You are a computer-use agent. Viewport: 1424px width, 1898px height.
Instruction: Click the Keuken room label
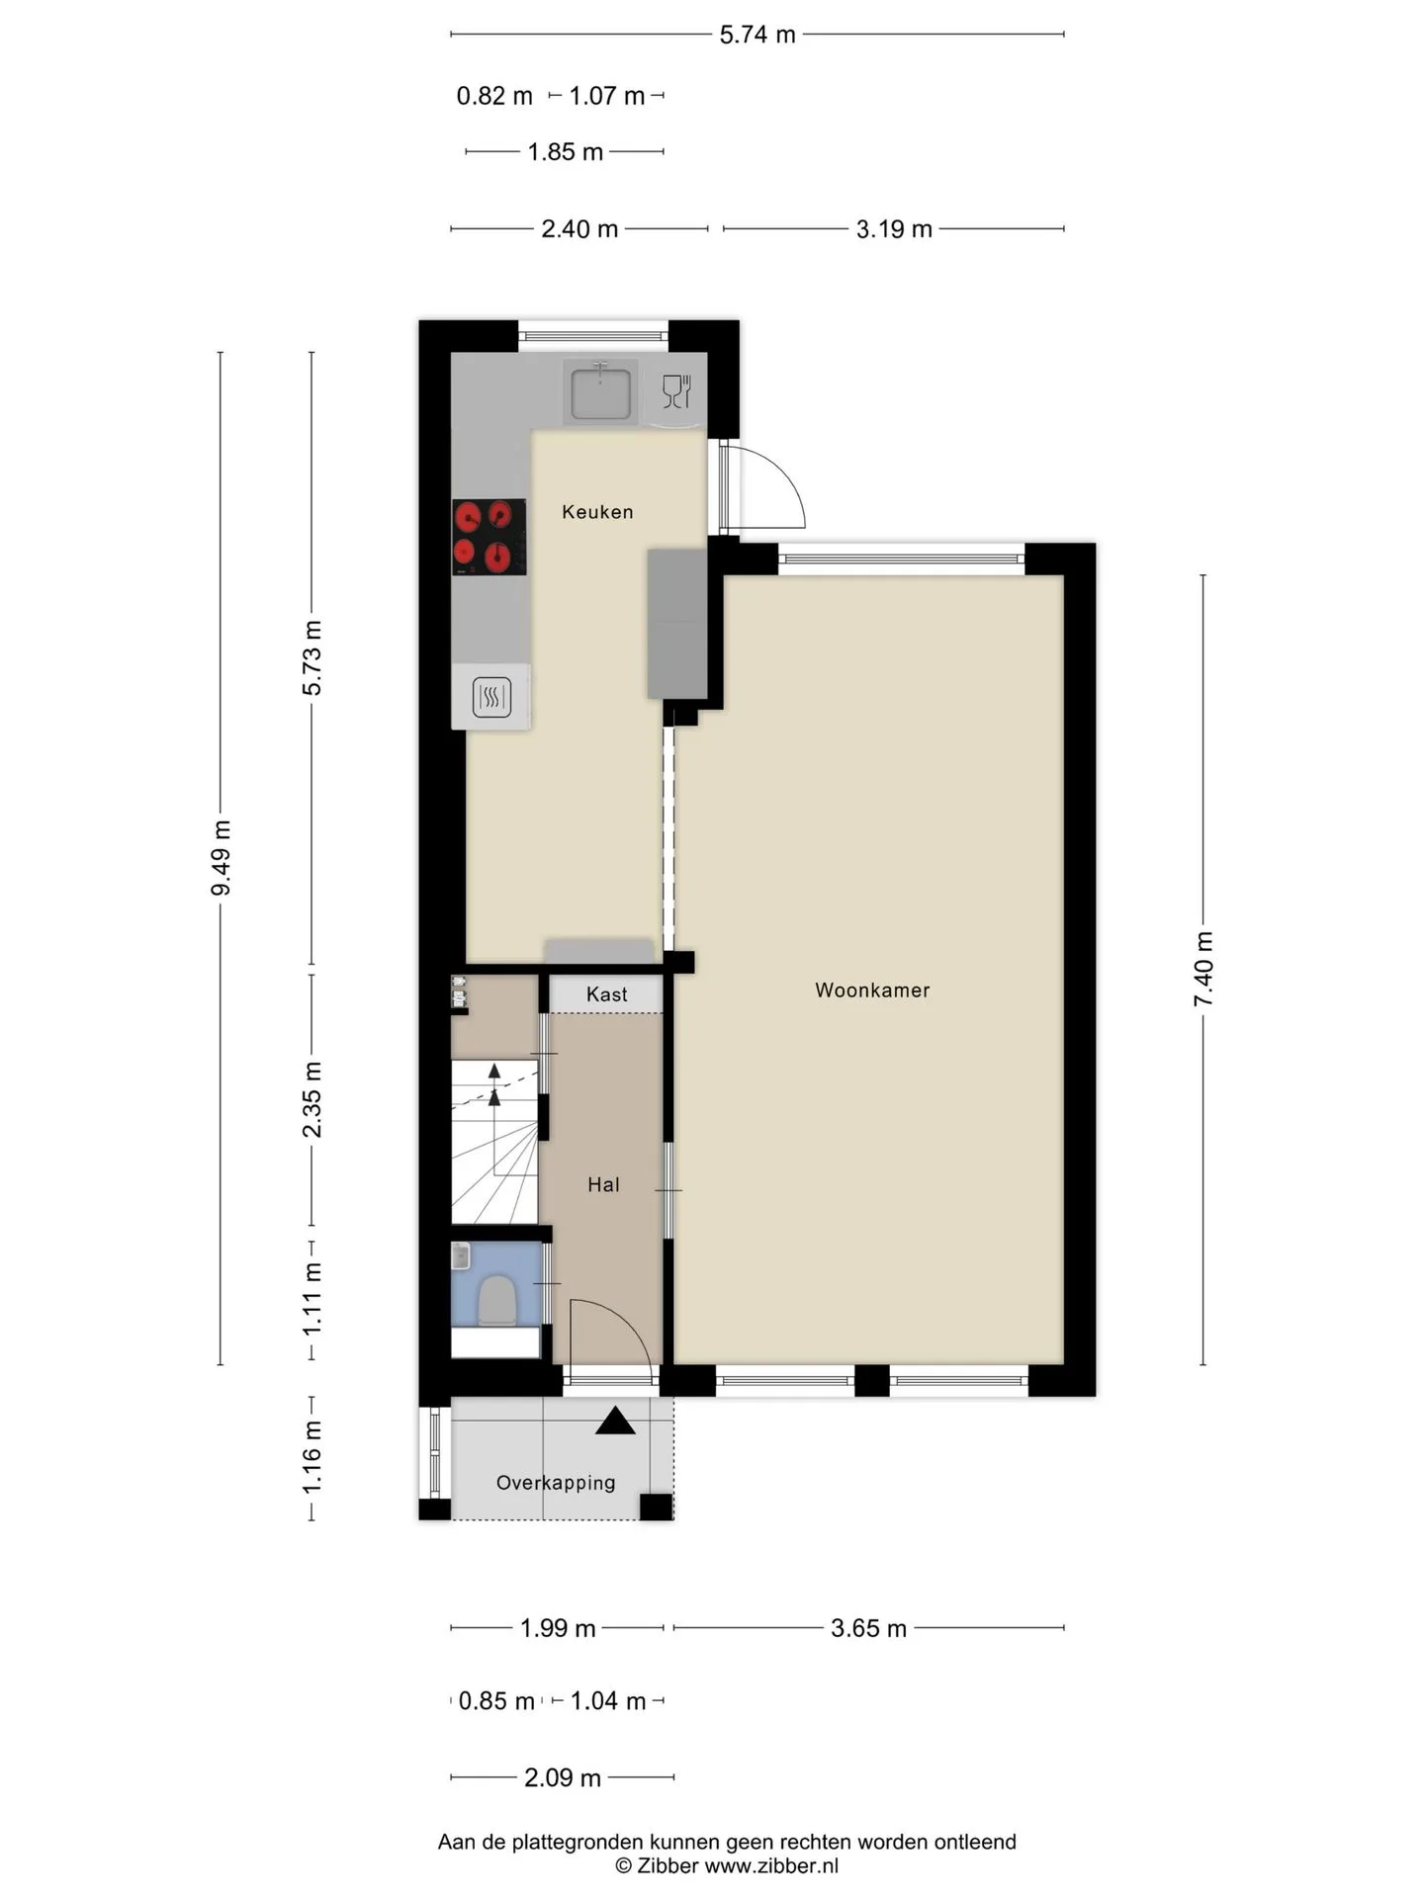(x=597, y=512)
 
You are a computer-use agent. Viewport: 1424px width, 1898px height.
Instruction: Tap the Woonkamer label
(x=872, y=991)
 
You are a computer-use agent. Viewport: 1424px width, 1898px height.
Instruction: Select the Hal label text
(x=603, y=1184)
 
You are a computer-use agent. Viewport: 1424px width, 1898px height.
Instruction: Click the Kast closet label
(x=606, y=994)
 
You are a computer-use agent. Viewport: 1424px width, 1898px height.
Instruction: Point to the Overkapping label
(x=556, y=1483)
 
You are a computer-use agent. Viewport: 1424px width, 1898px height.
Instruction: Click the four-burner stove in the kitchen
(x=489, y=537)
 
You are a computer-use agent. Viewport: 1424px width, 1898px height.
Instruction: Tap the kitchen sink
(x=599, y=390)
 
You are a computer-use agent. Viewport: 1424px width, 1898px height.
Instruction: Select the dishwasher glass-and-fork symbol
(x=676, y=391)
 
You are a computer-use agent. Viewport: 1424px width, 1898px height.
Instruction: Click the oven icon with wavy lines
(x=491, y=697)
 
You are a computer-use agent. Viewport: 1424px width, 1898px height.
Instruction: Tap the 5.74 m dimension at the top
(x=757, y=35)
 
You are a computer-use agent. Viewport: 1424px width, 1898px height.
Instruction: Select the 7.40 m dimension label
(x=1202, y=970)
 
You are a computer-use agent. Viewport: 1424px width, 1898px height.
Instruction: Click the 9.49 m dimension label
(x=221, y=858)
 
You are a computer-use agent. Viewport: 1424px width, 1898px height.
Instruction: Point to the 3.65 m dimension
(x=868, y=1628)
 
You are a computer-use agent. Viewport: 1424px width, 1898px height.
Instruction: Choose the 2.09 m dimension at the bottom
(x=563, y=1777)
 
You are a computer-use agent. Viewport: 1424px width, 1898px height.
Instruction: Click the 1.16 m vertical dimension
(x=312, y=1457)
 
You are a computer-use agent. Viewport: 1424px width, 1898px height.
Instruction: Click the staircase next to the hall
(x=494, y=1142)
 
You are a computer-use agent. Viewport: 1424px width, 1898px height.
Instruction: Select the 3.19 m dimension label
(x=894, y=229)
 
